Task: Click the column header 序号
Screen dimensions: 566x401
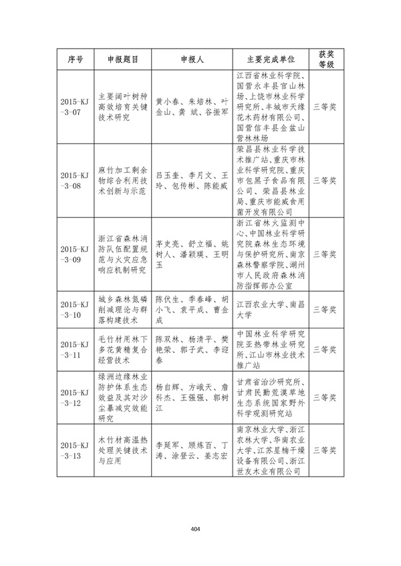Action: click(76, 59)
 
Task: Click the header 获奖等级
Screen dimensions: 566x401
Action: click(325, 59)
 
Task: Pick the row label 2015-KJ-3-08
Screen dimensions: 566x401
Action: click(76, 180)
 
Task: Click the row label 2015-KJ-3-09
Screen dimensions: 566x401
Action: click(76, 254)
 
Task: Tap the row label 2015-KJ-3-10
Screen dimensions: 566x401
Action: click(76, 310)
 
